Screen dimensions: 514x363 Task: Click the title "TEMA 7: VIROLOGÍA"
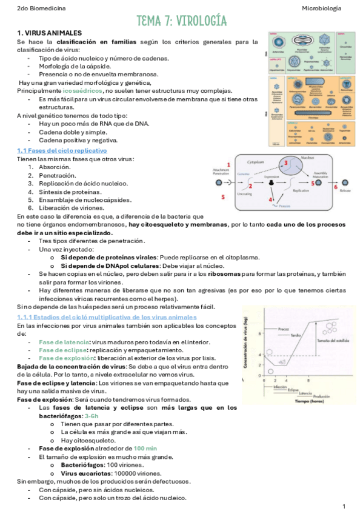[181, 21]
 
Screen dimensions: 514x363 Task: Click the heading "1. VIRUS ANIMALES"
[50, 33]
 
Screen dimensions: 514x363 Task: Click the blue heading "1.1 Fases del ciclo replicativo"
[62, 150]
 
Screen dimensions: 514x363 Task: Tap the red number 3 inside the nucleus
[284, 164]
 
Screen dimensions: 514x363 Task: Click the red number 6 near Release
[335, 188]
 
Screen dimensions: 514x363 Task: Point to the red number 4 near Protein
[271, 199]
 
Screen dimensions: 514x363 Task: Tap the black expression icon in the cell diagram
[271, 182]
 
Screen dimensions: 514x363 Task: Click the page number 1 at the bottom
[344, 506]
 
